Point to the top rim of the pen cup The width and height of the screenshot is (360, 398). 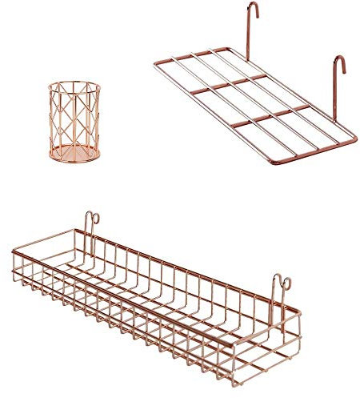click(x=73, y=84)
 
